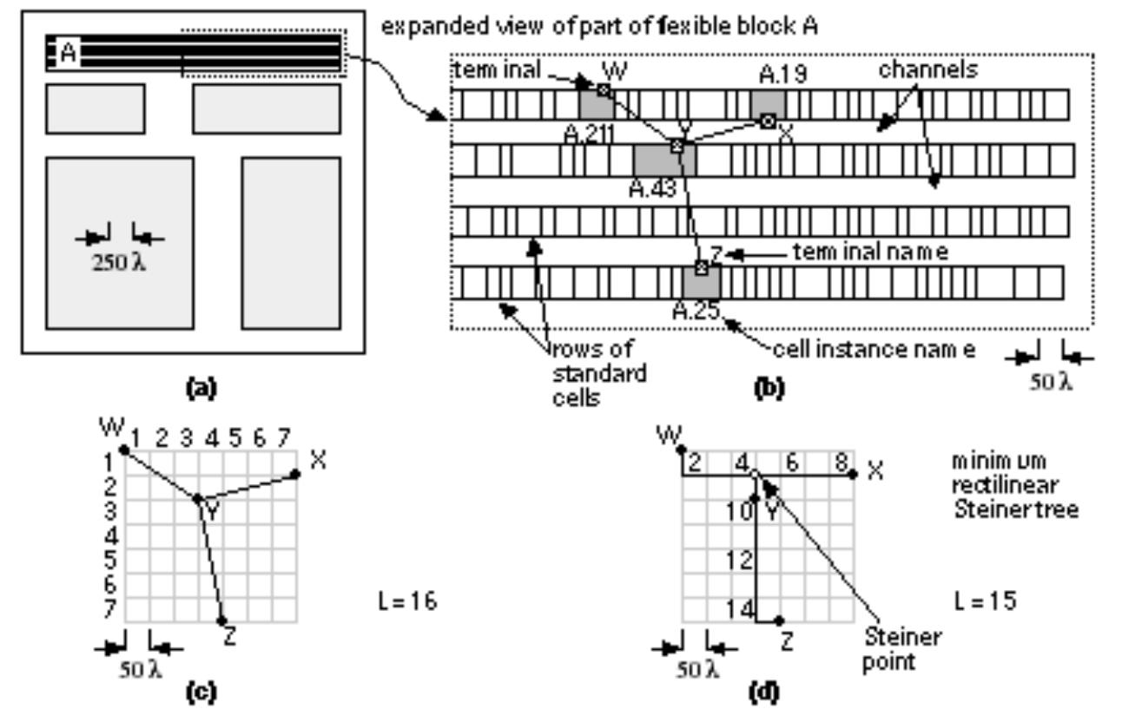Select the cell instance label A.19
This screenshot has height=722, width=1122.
(782, 75)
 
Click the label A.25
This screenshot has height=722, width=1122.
(696, 311)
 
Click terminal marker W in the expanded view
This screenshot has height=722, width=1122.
(604, 89)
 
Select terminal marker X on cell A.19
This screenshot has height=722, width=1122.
(767, 121)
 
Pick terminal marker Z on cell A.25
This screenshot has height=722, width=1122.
(701, 267)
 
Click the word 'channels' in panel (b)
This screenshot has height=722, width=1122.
(927, 70)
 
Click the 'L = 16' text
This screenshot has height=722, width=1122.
(402, 601)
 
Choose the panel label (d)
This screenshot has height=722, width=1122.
(764, 692)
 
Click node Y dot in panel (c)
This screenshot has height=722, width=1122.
(197, 498)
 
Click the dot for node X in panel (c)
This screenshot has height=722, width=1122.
(295, 473)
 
